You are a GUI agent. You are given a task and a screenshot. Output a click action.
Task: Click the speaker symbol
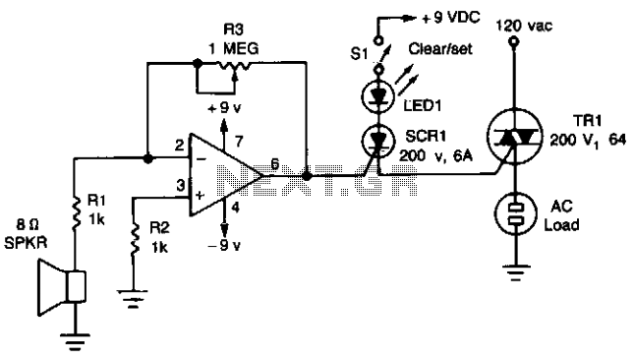pos(62,287)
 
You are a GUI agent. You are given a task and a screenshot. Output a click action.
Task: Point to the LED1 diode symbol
pos(377,96)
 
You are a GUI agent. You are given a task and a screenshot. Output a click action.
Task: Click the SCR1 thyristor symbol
pos(377,141)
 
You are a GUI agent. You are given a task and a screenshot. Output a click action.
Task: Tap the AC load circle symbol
pos(515,213)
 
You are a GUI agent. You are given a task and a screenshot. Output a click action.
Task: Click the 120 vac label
pos(524,26)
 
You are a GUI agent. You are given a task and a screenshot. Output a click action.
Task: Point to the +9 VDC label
pos(451,18)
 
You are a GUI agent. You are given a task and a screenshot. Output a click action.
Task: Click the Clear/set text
pos(440,49)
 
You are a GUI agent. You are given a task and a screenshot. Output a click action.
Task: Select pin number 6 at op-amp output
pos(275,164)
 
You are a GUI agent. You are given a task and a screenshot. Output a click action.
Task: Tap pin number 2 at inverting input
pos(180,146)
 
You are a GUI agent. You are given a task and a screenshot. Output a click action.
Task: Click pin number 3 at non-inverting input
pos(180,185)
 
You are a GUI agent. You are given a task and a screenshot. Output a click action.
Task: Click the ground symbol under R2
pos(133,298)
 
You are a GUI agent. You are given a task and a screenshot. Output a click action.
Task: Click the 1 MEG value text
pos(233,49)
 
